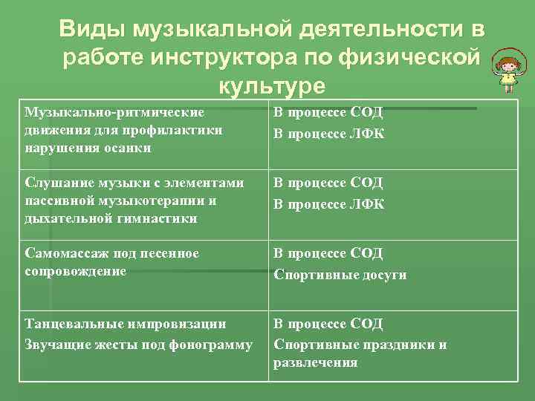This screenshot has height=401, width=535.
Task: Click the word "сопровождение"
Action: [x=75, y=271]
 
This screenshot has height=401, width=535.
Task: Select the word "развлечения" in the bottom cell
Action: [x=316, y=363]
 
